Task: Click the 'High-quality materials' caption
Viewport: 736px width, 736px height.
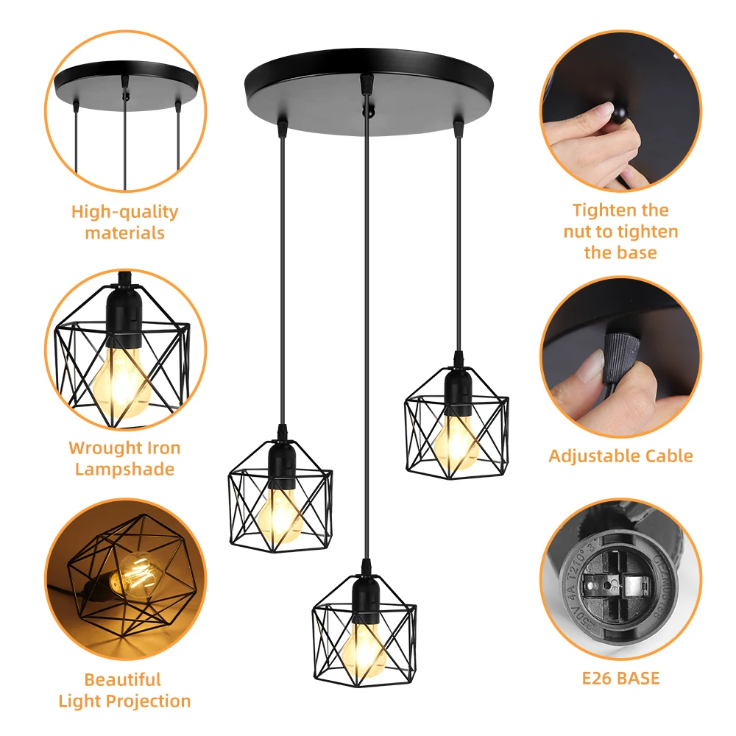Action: [x=124, y=222]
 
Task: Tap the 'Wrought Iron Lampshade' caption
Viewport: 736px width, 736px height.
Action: [x=124, y=459]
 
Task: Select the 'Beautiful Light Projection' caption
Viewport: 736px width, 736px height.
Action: [x=124, y=690]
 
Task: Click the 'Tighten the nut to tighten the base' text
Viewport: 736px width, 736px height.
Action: [x=620, y=231]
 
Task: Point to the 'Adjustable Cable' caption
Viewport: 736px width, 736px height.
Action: [x=620, y=456]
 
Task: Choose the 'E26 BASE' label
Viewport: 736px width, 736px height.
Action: [x=620, y=678]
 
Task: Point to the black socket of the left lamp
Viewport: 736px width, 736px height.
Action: [x=279, y=461]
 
